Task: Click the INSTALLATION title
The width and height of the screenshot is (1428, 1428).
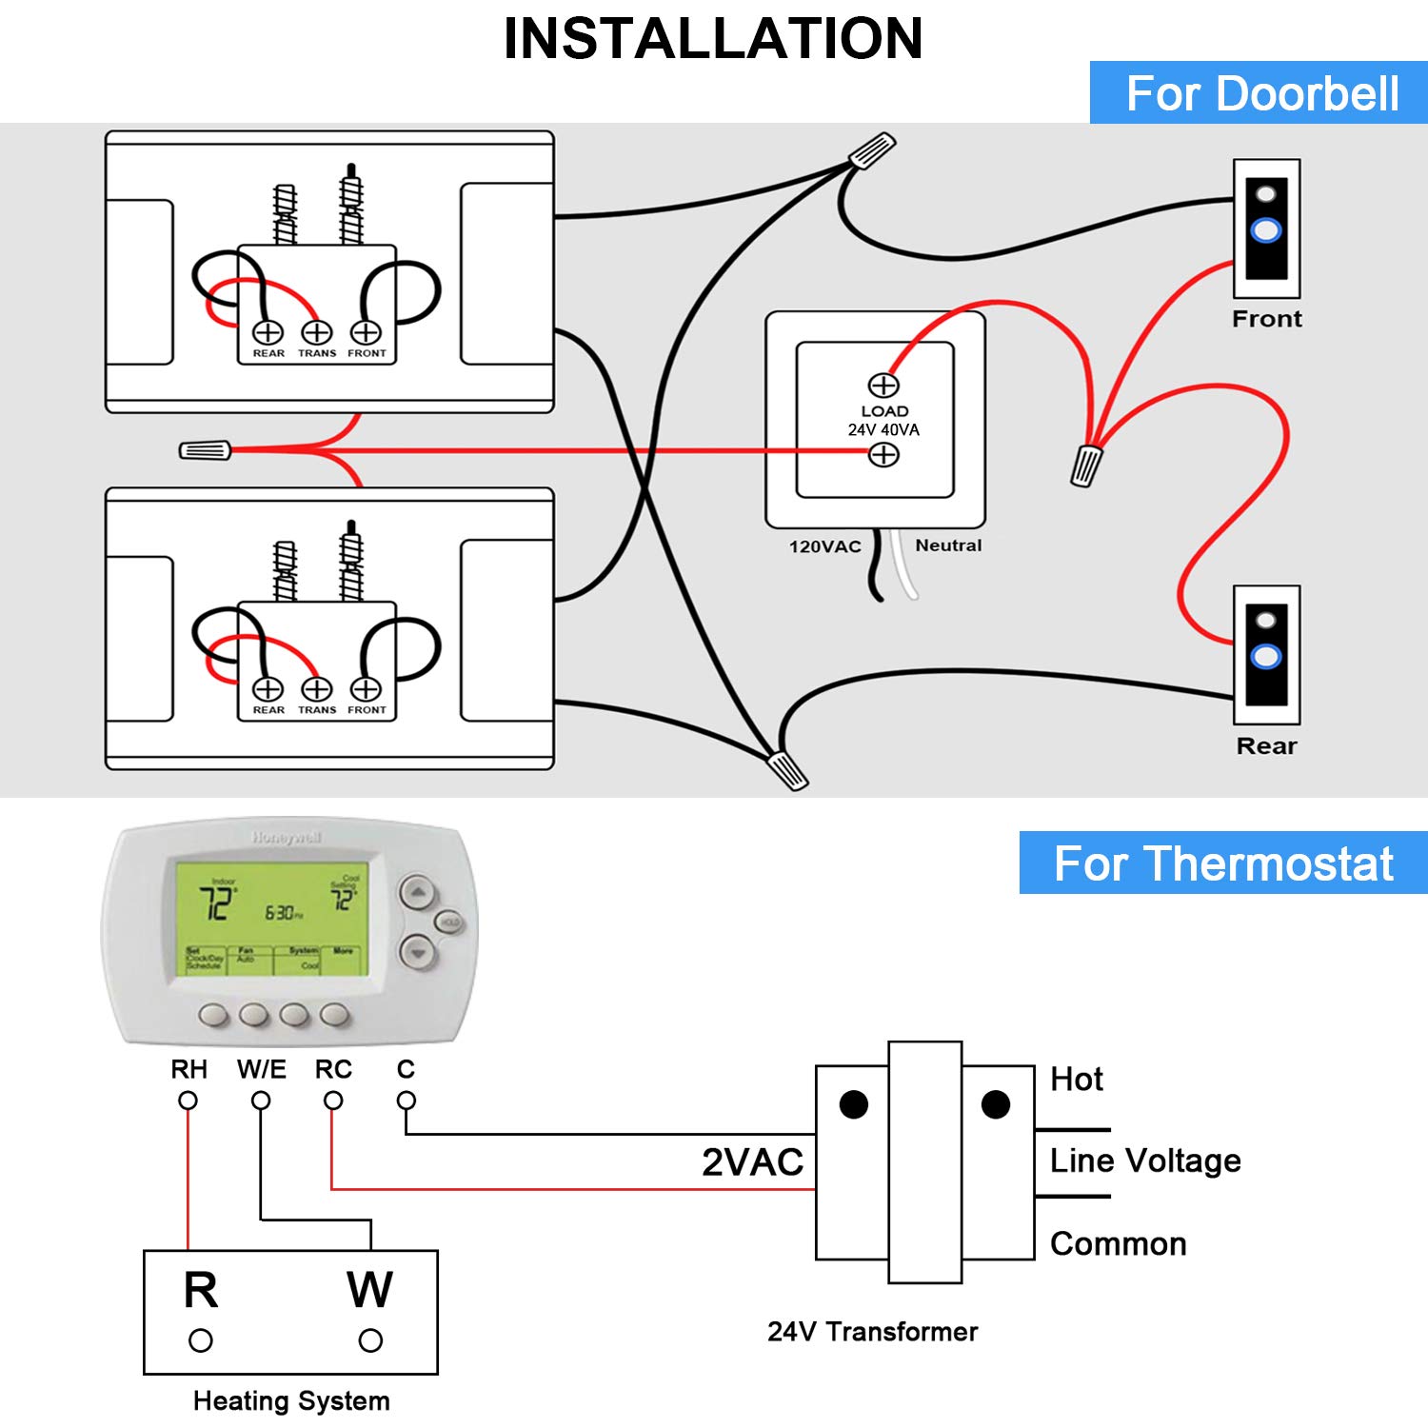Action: point(713,39)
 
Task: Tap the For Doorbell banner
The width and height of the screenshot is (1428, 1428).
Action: point(1261,93)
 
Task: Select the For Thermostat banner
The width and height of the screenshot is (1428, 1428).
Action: point(1223,863)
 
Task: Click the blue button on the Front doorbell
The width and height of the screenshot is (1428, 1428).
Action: point(1266,230)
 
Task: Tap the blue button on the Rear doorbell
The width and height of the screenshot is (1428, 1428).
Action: point(1266,656)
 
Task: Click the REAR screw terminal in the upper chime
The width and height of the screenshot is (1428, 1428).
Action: point(268,332)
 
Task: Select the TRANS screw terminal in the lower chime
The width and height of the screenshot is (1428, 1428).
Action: point(317,688)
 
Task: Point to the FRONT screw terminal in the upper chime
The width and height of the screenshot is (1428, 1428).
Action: point(366,332)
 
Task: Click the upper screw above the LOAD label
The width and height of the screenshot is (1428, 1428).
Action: point(883,385)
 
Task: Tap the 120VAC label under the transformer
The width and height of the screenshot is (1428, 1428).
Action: point(824,546)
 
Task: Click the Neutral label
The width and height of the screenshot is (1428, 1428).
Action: point(948,545)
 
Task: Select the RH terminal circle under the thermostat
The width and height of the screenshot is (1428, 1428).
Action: point(188,1101)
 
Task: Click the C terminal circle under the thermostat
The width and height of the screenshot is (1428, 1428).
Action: point(407,1101)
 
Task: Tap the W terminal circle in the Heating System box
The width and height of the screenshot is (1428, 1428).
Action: point(370,1340)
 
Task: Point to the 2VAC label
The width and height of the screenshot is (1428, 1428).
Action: point(752,1162)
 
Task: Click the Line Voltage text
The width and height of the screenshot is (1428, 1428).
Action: point(1145,1160)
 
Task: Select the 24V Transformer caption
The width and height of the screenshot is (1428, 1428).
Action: point(872,1331)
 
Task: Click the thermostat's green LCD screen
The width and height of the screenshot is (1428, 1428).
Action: point(272,918)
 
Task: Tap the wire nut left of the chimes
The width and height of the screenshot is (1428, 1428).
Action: point(206,450)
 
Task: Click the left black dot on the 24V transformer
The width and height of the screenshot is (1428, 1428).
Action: point(854,1104)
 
